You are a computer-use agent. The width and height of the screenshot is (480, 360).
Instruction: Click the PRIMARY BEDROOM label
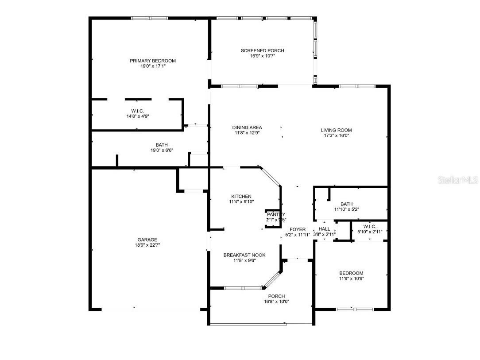152,61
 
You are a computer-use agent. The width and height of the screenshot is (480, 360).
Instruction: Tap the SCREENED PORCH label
262,50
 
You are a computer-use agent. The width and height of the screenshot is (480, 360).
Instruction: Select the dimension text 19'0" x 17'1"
152,66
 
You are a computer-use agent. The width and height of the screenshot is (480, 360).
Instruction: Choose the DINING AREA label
247,128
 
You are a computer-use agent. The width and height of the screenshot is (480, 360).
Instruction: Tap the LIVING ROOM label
336,130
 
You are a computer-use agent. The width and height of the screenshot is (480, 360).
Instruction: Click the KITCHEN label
241,196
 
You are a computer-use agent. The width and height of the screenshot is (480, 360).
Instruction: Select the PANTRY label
276,214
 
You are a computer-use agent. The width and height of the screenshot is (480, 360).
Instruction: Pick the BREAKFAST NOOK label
244,255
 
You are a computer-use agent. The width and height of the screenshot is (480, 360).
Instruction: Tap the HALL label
324,229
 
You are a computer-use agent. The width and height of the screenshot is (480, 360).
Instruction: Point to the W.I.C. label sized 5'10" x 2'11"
369,226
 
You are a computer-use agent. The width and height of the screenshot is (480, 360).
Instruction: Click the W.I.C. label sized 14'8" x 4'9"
137,111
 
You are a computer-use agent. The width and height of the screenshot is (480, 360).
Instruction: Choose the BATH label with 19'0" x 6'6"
161,145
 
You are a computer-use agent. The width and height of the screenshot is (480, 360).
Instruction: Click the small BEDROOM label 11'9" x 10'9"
351,273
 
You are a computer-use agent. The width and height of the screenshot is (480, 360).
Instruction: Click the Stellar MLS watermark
457,180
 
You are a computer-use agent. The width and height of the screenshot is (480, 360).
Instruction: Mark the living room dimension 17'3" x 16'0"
336,136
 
